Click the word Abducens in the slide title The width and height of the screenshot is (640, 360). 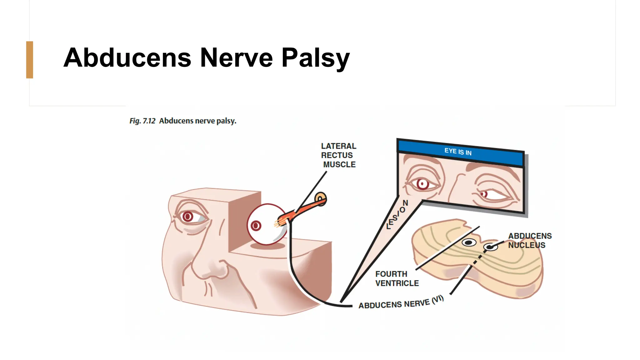point(127,58)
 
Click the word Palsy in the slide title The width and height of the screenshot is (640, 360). point(315,58)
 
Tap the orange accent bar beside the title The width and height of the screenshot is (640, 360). point(30,60)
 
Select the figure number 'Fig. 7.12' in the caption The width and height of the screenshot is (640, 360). point(142,121)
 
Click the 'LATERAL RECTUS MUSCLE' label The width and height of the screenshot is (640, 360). point(339,155)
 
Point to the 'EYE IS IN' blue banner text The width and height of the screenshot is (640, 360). point(458,152)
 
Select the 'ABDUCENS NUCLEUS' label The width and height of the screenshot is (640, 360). point(529,240)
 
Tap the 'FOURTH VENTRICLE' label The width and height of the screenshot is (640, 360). point(397,278)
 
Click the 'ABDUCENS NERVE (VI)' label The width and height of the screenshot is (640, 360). point(401,302)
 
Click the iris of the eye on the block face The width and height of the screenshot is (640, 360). point(188,216)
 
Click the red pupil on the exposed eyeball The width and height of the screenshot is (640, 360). point(256,226)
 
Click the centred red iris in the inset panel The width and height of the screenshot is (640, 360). point(422,184)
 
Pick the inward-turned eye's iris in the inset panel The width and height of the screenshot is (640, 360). point(483,194)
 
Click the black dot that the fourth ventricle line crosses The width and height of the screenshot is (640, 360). point(469,242)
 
